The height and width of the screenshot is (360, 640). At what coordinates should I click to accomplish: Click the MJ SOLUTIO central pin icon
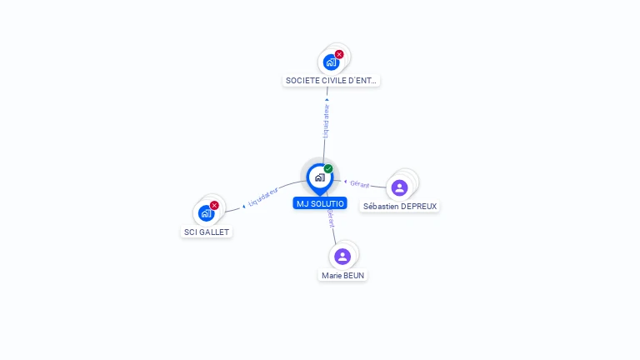click(319, 177)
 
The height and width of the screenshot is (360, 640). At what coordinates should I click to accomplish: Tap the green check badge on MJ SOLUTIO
click(328, 169)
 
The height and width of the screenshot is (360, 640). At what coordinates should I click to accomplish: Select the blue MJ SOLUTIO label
click(320, 203)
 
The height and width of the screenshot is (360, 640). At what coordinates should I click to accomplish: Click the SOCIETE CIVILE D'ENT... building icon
click(331, 62)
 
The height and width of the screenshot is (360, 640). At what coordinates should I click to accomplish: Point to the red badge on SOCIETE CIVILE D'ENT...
click(339, 54)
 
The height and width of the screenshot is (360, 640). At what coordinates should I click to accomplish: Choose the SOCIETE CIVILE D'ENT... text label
click(332, 81)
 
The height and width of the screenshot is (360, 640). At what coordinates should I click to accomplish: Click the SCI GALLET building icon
click(206, 213)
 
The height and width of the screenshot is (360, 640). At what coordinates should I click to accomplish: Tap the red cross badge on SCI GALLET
click(214, 205)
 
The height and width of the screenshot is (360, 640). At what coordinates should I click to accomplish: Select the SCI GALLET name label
click(207, 232)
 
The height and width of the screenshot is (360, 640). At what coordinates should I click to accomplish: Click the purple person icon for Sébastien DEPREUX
click(399, 187)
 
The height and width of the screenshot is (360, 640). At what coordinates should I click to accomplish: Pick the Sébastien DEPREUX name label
click(400, 206)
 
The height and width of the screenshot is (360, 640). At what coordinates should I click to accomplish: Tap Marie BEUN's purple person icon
click(342, 256)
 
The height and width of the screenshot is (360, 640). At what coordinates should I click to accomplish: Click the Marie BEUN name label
click(343, 275)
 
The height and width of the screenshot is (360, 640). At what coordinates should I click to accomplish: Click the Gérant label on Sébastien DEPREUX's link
click(360, 184)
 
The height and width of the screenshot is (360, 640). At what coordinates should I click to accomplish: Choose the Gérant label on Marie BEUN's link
click(331, 218)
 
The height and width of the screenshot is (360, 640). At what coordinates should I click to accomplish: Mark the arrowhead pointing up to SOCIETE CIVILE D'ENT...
click(327, 100)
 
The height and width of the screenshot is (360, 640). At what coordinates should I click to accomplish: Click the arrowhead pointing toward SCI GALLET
click(243, 204)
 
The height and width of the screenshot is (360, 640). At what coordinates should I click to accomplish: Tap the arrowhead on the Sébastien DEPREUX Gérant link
click(346, 181)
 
